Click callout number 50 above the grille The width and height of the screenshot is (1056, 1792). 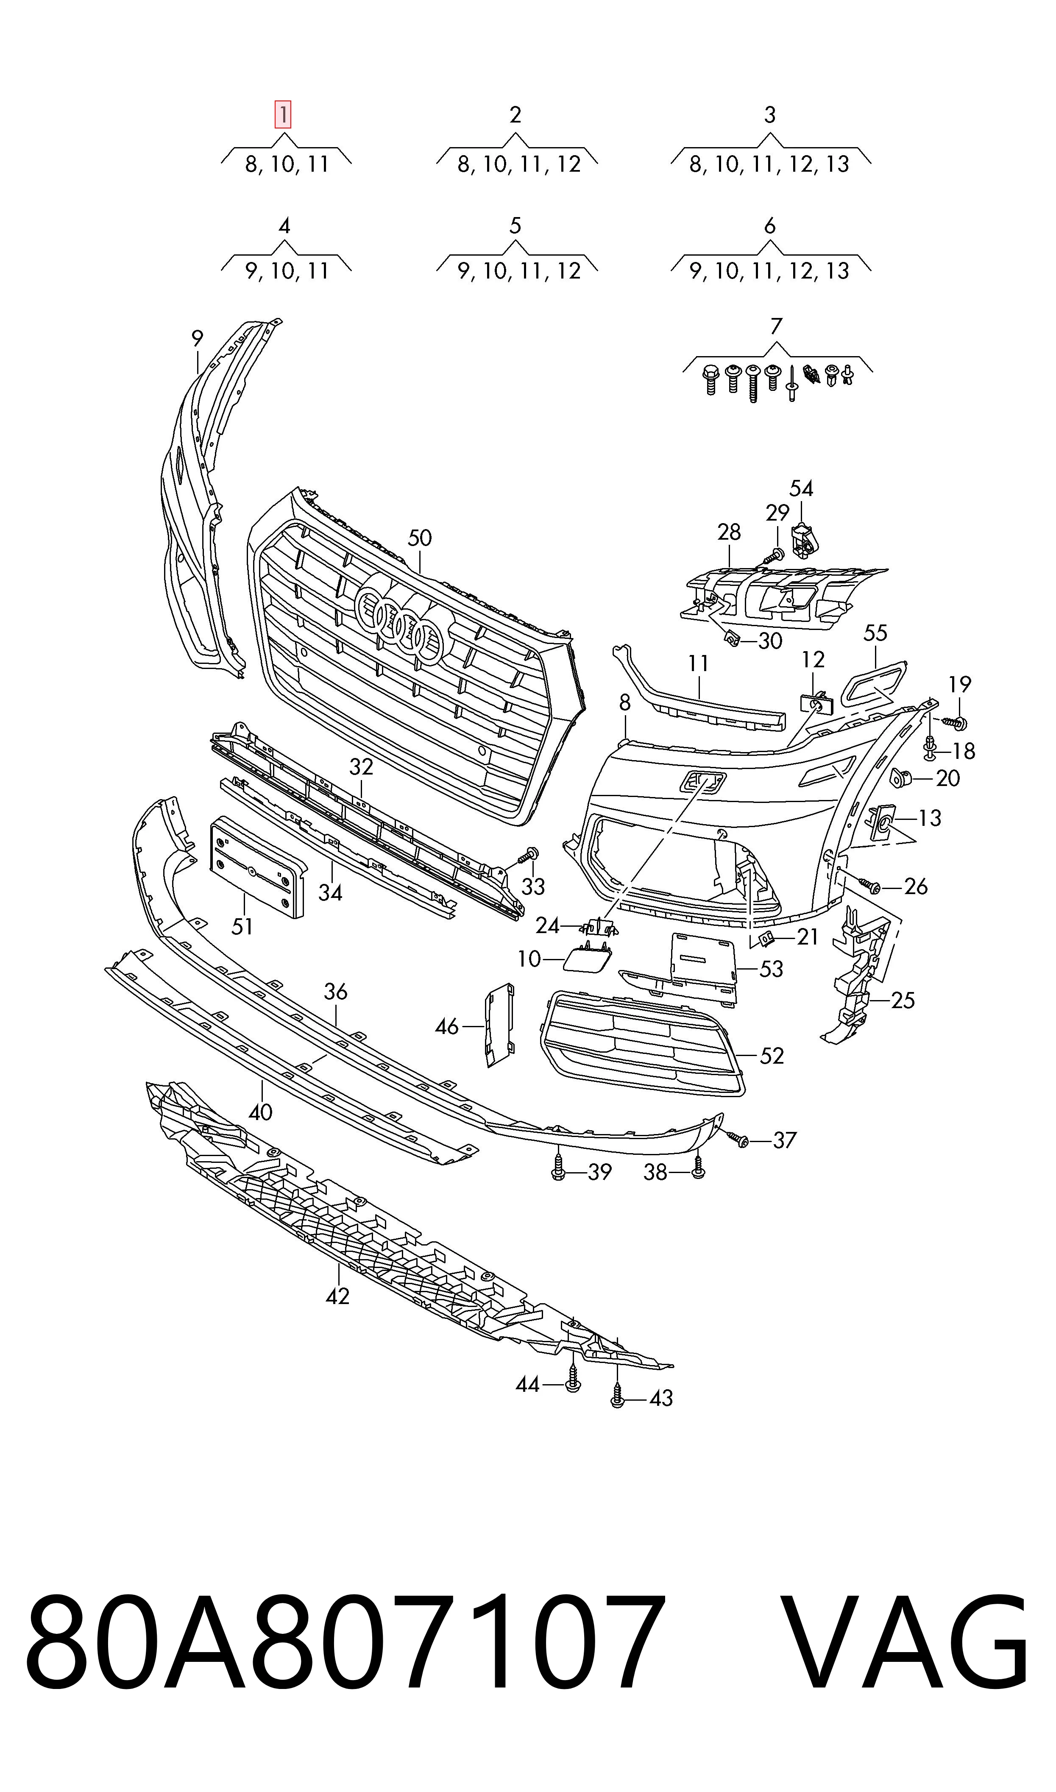click(x=420, y=538)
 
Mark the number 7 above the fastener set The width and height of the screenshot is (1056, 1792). click(x=776, y=326)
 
